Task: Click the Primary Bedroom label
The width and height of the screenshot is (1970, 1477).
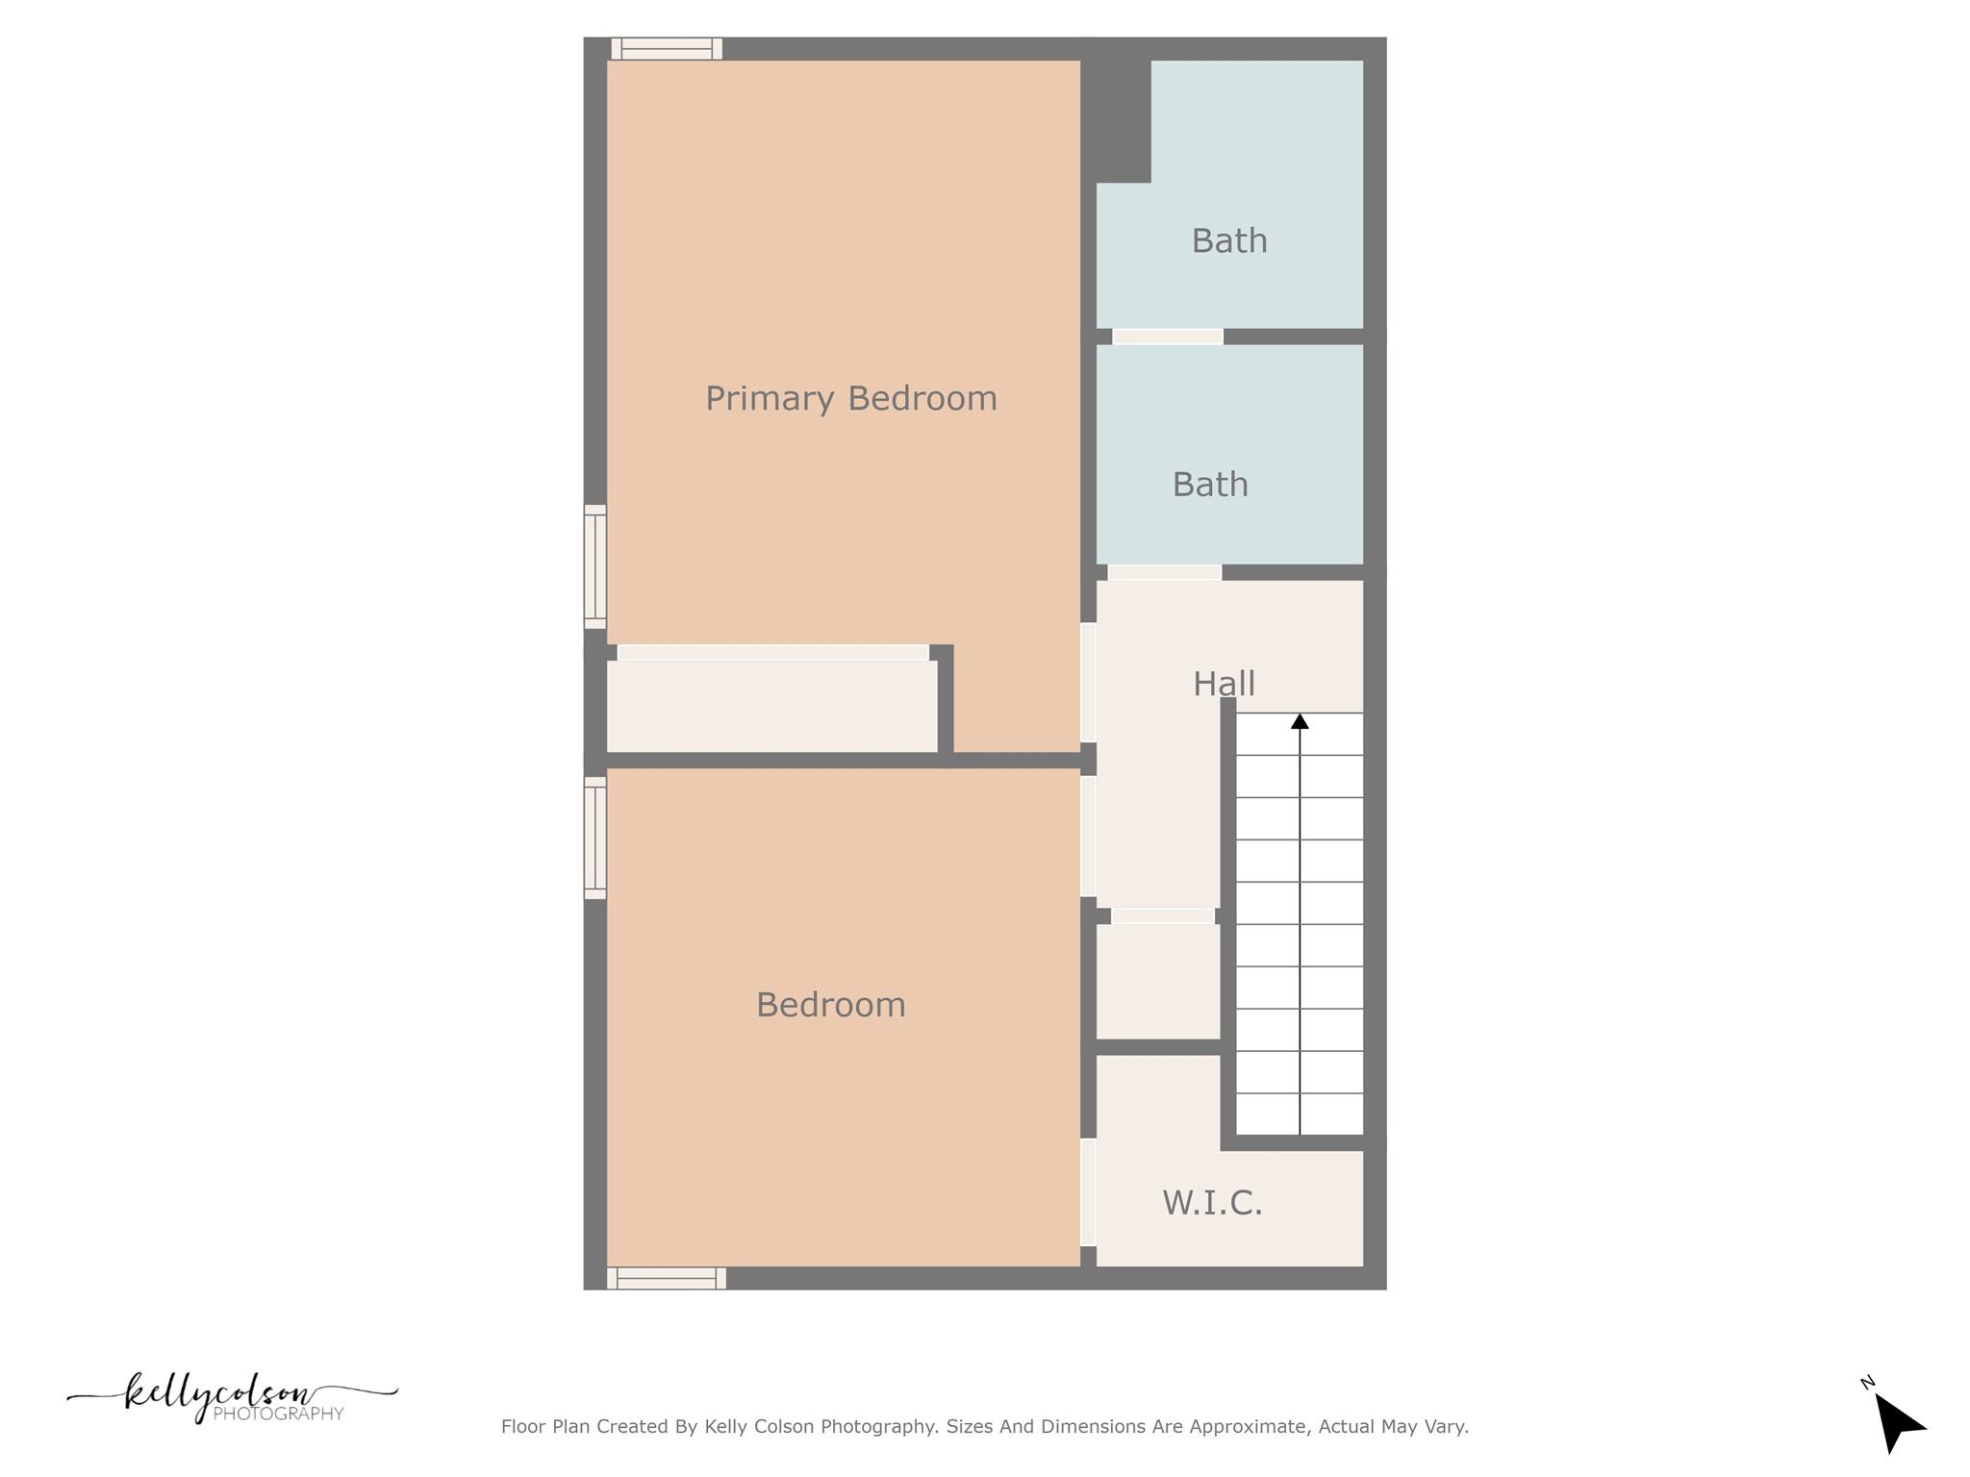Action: point(851,398)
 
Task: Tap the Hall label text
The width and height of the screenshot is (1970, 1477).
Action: point(1224,684)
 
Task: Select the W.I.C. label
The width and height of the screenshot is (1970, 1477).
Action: point(1212,1202)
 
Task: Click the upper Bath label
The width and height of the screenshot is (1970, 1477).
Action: point(1229,240)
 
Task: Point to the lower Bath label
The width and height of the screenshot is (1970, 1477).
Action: point(1210,485)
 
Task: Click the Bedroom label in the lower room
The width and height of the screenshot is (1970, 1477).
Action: point(831,1005)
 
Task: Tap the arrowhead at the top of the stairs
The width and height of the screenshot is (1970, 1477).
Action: point(1300,721)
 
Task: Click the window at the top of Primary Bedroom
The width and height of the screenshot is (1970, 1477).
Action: point(667,48)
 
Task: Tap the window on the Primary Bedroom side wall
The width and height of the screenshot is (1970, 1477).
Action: point(595,566)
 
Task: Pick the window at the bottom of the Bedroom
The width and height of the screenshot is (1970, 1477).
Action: point(667,1278)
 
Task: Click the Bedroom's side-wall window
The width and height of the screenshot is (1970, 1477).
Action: point(595,838)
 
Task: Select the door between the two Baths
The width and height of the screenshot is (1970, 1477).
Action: point(1168,337)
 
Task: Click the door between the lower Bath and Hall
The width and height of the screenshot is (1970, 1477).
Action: point(1164,572)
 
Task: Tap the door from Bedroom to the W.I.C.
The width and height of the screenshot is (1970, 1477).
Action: point(1088,1192)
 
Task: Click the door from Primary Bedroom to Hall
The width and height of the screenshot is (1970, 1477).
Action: point(1088,683)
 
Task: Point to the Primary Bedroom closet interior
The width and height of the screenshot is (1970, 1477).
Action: point(771,706)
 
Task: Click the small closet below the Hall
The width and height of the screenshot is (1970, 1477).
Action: point(1158,981)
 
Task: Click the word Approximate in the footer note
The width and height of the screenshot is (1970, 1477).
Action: point(1248,1426)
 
